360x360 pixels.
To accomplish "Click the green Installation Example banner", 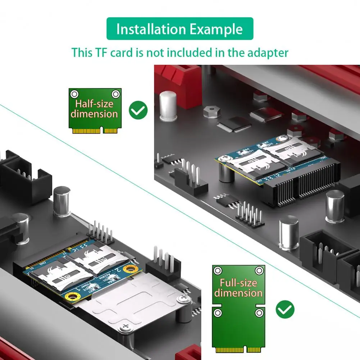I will coord(180,29).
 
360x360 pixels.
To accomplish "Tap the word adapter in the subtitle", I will coord(268,53).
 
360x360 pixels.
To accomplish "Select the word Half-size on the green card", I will coord(94,104).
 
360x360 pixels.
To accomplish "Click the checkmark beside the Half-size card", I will coord(138,110).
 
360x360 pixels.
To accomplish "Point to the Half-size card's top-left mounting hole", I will coord(74,94).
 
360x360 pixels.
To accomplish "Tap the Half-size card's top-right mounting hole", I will coord(115,94).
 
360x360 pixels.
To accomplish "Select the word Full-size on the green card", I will coord(238,283).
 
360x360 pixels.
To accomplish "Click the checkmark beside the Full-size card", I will coord(285,309).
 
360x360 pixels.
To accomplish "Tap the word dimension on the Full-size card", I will coord(238,293).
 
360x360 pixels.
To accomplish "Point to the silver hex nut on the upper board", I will coord(211,111).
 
